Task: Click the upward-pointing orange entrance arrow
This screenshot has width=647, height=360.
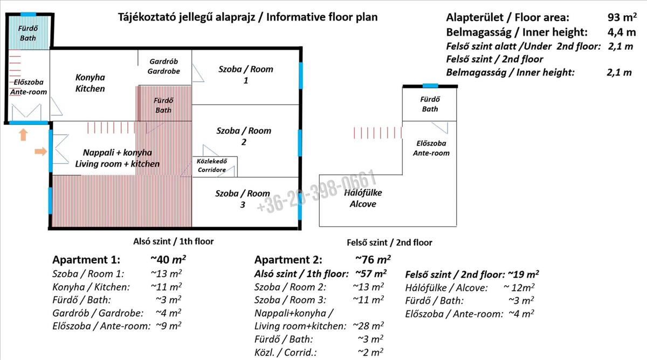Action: click(x=23, y=135)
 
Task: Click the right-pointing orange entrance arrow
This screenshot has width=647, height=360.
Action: click(x=41, y=151)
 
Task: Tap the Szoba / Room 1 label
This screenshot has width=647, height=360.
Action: click(x=245, y=74)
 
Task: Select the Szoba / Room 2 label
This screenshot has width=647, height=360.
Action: click(x=244, y=136)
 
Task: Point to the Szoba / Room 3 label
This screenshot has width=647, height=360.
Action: click(x=242, y=199)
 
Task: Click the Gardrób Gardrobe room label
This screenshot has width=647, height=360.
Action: click(x=163, y=66)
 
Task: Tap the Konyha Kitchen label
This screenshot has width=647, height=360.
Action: click(x=90, y=83)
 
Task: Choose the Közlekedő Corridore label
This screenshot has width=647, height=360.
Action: click(x=212, y=165)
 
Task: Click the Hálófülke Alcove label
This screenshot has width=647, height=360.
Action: click(x=363, y=198)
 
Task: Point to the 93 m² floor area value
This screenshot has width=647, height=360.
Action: click(x=622, y=17)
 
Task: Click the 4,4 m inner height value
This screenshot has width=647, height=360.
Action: click(x=622, y=32)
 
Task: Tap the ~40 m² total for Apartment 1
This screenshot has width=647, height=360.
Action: click(x=168, y=259)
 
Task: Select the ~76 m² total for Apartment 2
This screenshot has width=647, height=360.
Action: click(x=373, y=259)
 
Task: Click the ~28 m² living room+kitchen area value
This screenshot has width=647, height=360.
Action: click(x=368, y=326)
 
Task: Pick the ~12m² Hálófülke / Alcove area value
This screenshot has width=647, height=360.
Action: click(x=519, y=288)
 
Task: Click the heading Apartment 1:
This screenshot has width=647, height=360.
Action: click(x=86, y=260)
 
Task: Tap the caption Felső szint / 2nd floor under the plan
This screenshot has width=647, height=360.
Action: click(x=389, y=243)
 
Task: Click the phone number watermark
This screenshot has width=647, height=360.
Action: click(x=317, y=191)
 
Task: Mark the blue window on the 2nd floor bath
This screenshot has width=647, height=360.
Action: click(x=430, y=86)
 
